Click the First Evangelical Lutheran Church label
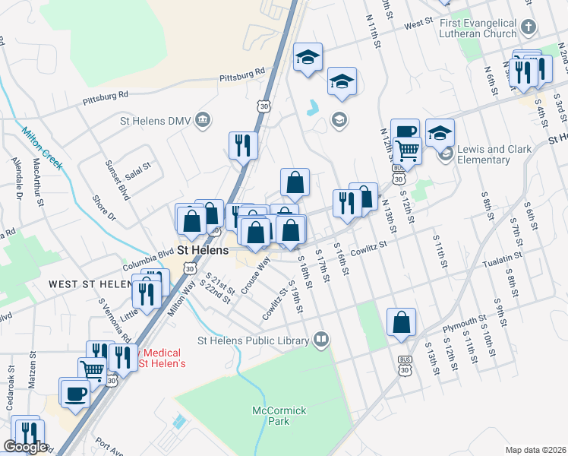(x=478, y=29)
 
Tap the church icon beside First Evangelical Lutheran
(x=529, y=28)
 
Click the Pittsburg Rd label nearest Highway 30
(x=242, y=74)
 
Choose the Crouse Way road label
(x=256, y=276)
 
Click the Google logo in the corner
(x=25, y=447)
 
